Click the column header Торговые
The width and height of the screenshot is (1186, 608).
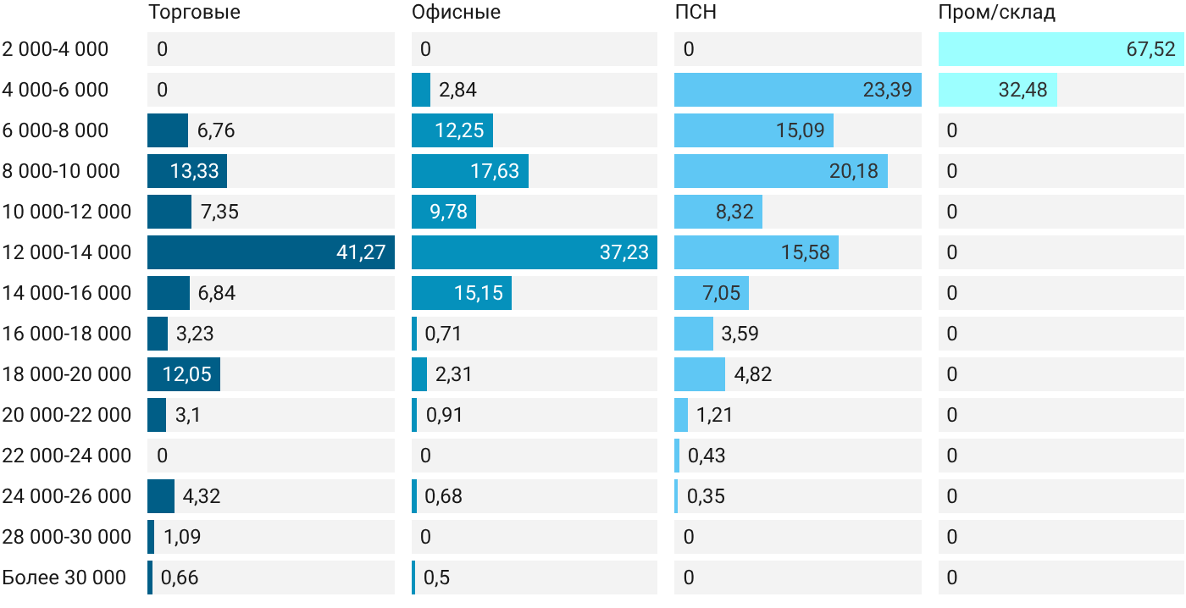[x=194, y=12]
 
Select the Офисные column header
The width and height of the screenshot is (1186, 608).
[x=456, y=12]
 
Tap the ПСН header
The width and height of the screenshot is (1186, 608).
[x=696, y=12]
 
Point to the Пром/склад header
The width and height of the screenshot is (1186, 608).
[x=997, y=12]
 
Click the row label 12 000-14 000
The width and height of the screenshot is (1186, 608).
[x=67, y=252]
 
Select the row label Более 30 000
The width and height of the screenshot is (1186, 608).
[x=64, y=578]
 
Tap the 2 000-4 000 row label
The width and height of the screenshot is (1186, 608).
[x=55, y=49]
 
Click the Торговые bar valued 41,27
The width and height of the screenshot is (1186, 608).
[x=271, y=252]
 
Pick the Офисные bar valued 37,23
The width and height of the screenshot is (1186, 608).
[x=535, y=252]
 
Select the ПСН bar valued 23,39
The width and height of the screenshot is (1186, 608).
[x=798, y=90]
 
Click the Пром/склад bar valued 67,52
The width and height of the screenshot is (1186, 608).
[x=1061, y=49]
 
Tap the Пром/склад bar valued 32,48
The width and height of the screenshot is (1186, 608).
[x=998, y=90]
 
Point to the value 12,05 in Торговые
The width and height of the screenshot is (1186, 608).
[x=187, y=374]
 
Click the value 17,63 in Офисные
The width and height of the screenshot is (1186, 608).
[x=495, y=171]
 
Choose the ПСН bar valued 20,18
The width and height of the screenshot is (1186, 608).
[x=781, y=171]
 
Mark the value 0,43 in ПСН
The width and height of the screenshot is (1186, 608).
[x=707, y=456]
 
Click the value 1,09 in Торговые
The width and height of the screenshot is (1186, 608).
[x=182, y=537]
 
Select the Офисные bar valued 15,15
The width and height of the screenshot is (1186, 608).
[x=462, y=293]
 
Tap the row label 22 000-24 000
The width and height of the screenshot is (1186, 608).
[x=67, y=456]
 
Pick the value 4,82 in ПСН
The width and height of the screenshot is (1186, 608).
[x=753, y=374]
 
